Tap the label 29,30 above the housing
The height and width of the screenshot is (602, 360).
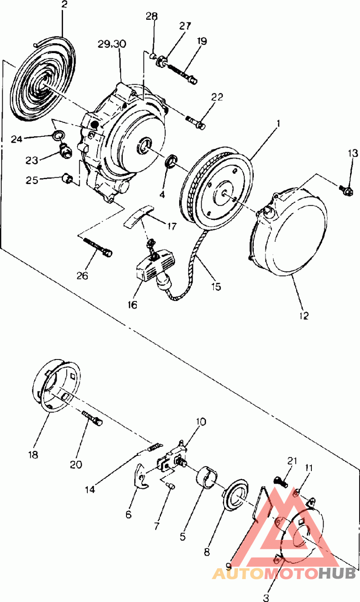click(x=112, y=44)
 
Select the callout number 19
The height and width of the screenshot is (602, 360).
click(x=202, y=41)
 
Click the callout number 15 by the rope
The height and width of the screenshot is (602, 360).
click(x=217, y=286)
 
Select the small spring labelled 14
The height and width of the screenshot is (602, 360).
click(x=154, y=447)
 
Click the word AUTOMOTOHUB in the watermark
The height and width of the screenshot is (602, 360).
click(x=283, y=573)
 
